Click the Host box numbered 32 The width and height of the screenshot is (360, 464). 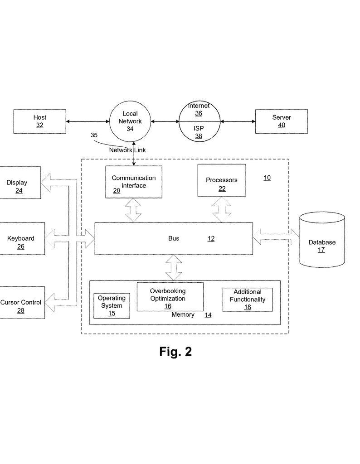(39, 121)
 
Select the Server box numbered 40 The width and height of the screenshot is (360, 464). (281, 121)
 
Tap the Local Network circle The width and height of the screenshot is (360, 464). (130, 121)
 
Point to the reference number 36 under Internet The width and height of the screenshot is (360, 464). (199, 113)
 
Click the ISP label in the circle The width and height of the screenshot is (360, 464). (199, 128)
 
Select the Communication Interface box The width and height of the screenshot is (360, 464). (134, 182)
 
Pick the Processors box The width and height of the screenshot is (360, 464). (222, 180)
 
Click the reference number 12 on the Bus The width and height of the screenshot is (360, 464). (211, 238)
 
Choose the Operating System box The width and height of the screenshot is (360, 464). (112, 306)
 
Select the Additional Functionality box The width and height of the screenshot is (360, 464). (248, 300)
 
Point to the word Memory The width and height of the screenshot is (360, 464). (183, 314)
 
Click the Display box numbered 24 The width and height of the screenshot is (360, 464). (20, 183)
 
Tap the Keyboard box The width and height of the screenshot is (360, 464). (22, 238)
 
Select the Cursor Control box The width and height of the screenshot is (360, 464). (22, 302)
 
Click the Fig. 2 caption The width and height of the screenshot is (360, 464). (175, 352)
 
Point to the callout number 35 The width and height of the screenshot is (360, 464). (94, 135)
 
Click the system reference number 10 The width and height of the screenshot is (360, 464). (267, 178)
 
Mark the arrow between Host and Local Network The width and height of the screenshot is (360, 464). (88, 121)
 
